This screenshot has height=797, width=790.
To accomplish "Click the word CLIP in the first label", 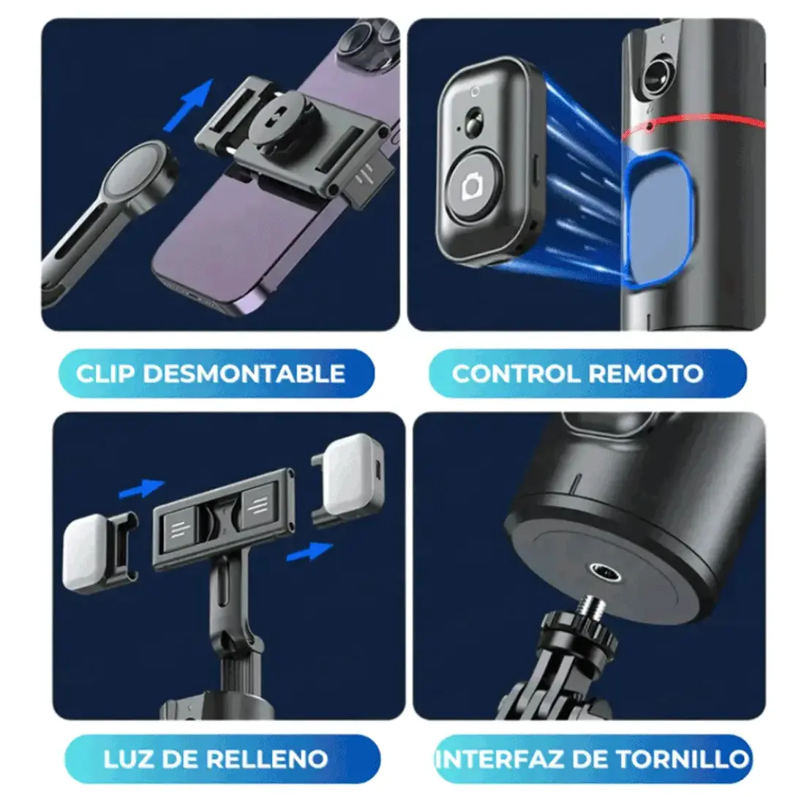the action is pyautogui.click(x=106, y=374).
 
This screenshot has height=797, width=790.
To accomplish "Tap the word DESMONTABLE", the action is pyautogui.click(x=244, y=374).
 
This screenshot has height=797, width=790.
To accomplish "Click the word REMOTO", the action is pyautogui.click(x=646, y=374).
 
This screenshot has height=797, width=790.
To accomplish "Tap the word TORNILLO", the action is pyautogui.click(x=683, y=760).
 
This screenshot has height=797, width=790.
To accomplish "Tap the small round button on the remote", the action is pyautogui.click(x=475, y=122).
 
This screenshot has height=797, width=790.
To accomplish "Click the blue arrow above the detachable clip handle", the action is pyautogui.click(x=189, y=105).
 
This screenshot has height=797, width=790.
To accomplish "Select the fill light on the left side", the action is pyautogui.click(x=86, y=553).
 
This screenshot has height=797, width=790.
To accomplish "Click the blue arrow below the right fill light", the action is pyautogui.click(x=309, y=551).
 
